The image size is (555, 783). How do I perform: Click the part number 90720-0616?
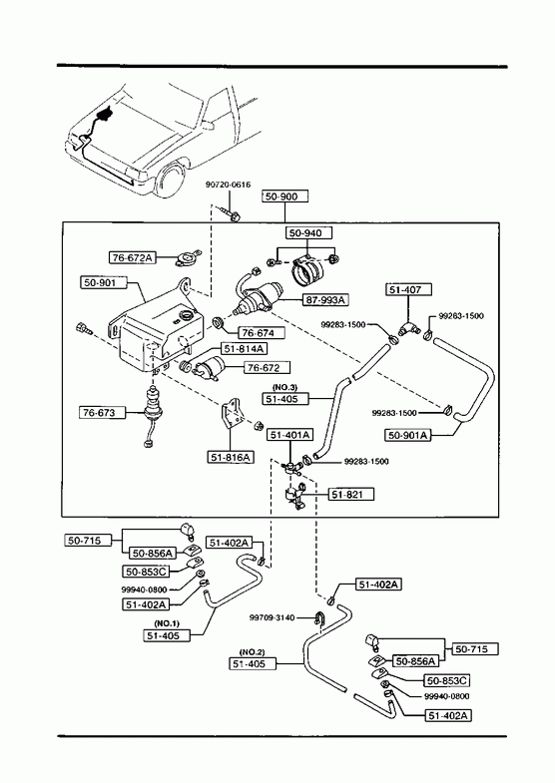click(228, 185)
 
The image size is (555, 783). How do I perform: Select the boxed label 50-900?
click(285, 196)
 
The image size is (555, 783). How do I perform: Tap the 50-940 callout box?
click(309, 232)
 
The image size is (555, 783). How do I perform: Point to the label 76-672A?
click(133, 257)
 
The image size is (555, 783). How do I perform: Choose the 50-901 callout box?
click(104, 282)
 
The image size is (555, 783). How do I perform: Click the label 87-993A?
click(325, 299)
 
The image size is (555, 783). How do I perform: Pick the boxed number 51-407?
click(408, 289)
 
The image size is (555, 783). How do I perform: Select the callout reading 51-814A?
click(244, 348)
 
